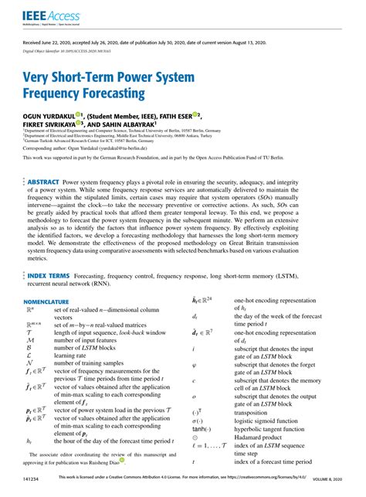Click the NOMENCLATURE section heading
point(51,301)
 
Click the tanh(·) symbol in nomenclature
point(200,428)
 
